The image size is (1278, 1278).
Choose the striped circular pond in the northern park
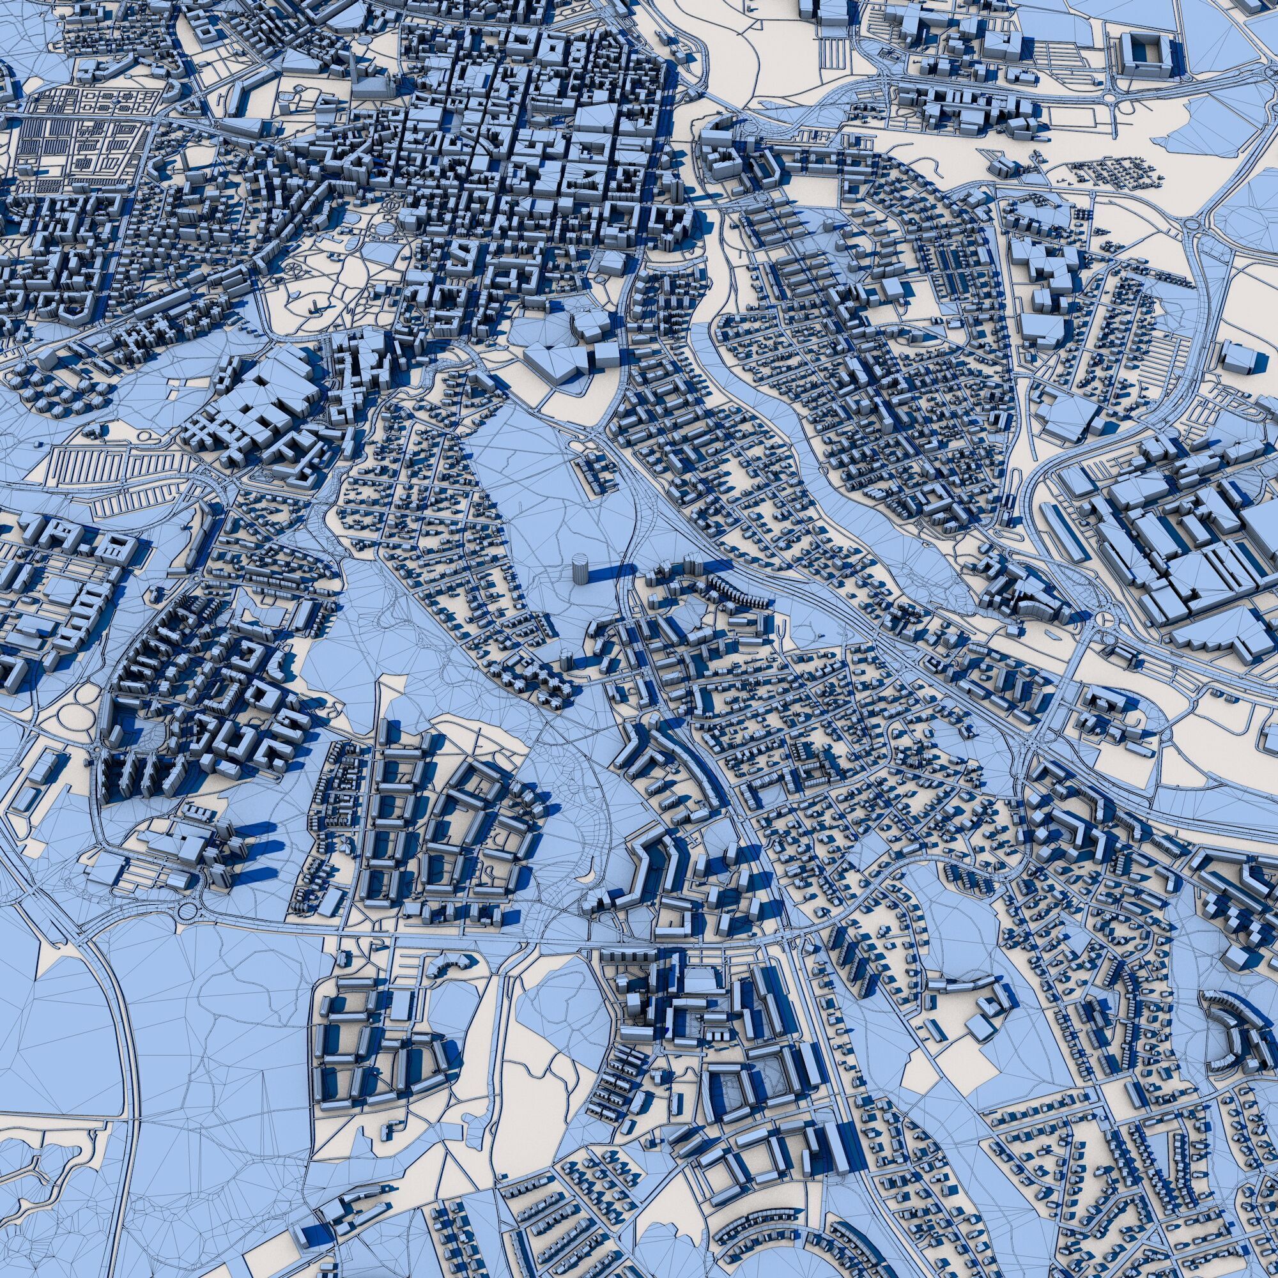[384, 228]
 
